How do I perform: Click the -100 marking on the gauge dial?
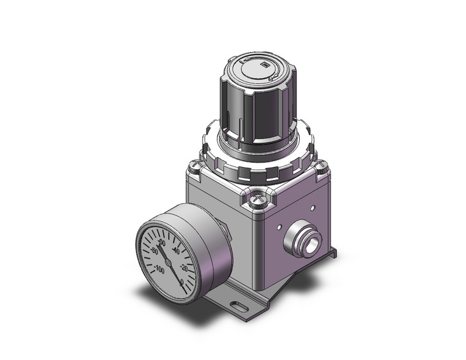[x=160, y=268]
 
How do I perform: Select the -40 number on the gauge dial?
[x=177, y=251]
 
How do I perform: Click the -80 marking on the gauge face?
[x=155, y=251]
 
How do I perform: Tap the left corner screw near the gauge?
[x=196, y=164]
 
